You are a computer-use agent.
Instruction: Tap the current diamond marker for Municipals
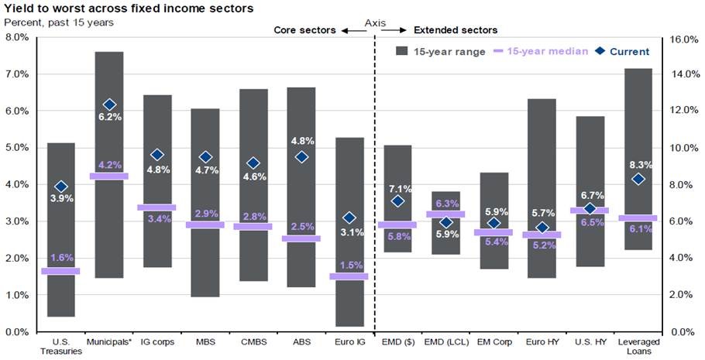point(109,105)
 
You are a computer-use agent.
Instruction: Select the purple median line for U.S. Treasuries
point(60,271)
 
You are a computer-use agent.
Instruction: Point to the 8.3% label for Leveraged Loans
point(639,164)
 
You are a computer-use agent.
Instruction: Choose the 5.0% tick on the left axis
point(17,147)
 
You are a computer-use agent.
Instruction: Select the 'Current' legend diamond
point(601,52)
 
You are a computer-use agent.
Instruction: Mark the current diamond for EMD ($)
point(397,201)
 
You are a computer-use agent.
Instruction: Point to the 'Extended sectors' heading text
point(456,30)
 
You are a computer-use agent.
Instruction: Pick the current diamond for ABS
point(301,157)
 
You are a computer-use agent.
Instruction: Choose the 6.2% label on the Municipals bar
point(109,117)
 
